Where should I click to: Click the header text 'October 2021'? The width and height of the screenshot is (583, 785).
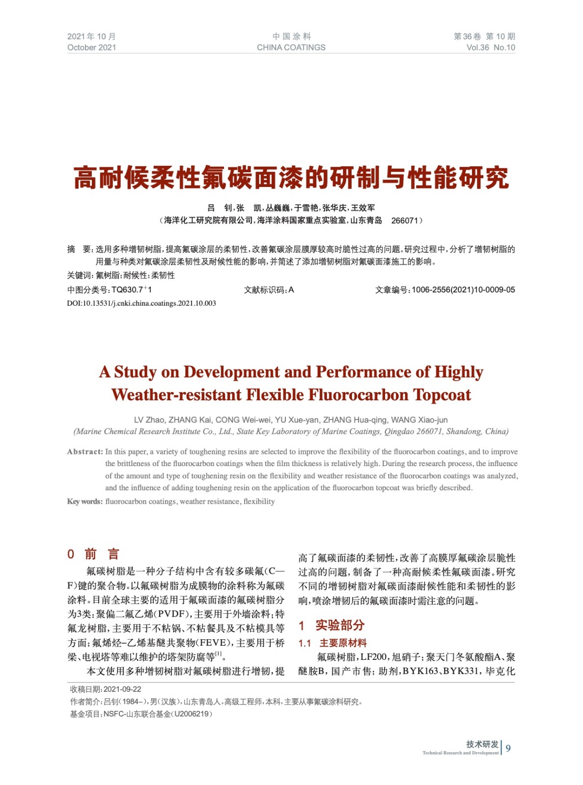click(x=92, y=48)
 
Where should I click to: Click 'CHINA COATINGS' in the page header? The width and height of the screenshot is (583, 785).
click(x=291, y=48)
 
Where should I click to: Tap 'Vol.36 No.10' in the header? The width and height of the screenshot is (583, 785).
click(x=490, y=48)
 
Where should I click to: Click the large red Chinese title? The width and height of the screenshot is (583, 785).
click(x=291, y=178)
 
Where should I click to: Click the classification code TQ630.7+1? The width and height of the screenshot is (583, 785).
click(x=132, y=290)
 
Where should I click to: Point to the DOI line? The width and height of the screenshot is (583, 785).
click(x=141, y=303)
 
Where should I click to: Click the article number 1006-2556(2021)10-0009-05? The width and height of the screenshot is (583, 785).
click(x=463, y=290)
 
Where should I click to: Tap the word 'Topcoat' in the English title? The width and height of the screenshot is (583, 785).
click(x=442, y=395)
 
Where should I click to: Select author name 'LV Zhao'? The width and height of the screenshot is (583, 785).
click(x=149, y=420)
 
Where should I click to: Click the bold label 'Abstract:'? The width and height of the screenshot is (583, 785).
click(x=85, y=452)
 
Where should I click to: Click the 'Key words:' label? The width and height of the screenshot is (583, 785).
click(x=85, y=501)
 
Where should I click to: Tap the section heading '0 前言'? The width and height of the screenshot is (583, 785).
click(x=93, y=554)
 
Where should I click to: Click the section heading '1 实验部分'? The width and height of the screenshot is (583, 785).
click(x=332, y=625)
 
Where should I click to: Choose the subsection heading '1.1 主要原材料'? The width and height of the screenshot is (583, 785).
click(x=333, y=643)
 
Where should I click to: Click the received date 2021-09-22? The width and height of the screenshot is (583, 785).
click(x=122, y=689)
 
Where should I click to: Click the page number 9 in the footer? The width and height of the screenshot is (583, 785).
click(x=508, y=748)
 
